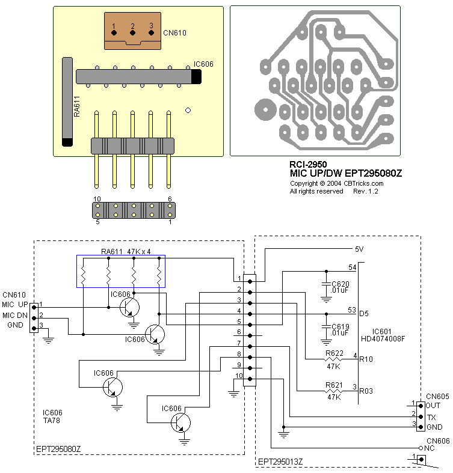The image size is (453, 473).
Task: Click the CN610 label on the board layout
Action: coord(174,33)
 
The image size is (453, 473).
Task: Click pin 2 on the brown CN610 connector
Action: coord(132,26)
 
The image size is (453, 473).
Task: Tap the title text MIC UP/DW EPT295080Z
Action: coord(345,174)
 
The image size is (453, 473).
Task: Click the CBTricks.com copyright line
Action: coord(336,183)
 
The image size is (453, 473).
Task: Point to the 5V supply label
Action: coord(360,249)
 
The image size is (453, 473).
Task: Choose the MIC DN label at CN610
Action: coord(15,316)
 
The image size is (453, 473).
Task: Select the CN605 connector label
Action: coord(437,397)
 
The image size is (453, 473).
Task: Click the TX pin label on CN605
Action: coord(431,417)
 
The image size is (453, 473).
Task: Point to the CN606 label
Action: coord(437,441)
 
